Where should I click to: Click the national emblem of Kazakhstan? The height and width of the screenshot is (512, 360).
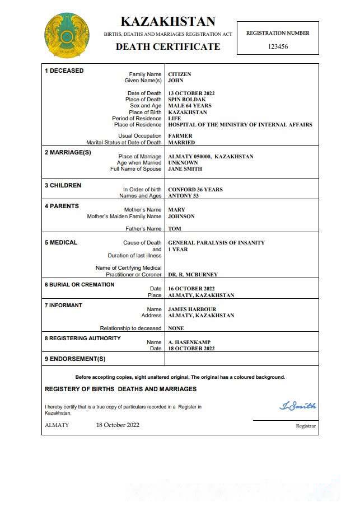[x=67, y=36]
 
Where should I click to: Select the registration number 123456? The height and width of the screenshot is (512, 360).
[x=278, y=47]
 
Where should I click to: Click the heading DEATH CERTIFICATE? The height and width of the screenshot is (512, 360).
[x=168, y=47]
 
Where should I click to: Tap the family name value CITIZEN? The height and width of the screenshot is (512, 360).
[x=180, y=74]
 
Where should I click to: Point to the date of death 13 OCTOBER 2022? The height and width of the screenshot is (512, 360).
[x=191, y=93]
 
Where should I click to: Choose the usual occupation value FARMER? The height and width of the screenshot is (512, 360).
[x=180, y=136]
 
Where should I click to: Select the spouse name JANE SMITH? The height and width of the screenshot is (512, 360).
[x=185, y=169]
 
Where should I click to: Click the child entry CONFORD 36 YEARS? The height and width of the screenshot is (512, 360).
[x=195, y=190]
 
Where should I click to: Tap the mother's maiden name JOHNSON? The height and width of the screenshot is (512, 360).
[x=181, y=217]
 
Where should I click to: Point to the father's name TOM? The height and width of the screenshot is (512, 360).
[x=175, y=229]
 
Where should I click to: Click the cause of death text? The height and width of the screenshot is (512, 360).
[x=217, y=243]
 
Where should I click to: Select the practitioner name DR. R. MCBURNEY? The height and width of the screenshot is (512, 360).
[x=193, y=275]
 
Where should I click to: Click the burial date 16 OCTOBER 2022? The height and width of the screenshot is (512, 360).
[x=191, y=289]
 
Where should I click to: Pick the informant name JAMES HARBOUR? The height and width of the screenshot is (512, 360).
[x=192, y=309]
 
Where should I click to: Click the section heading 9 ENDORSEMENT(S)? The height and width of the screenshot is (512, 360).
[x=75, y=359]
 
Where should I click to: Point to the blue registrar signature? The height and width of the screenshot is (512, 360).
[x=298, y=406]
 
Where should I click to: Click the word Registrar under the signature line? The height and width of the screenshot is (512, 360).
[x=306, y=426]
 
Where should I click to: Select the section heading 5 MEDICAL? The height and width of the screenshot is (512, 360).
[x=61, y=242]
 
